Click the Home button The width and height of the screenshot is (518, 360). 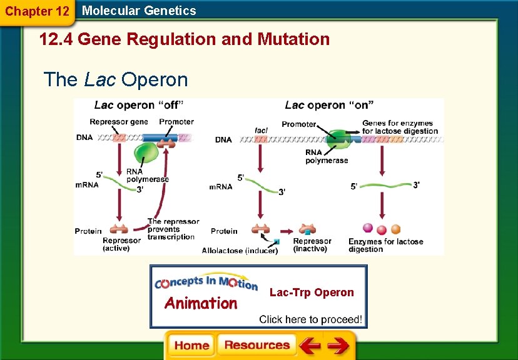[x=191, y=345]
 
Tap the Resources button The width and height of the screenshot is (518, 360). [x=256, y=345]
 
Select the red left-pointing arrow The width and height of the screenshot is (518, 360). [x=309, y=346]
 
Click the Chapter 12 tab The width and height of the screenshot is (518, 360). [x=37, y=11]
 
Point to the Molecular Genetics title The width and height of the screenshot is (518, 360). [x=139, y=11]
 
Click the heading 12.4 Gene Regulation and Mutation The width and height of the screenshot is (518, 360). [x=185, y=39]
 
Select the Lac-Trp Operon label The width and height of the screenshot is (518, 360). [x=312, y=292]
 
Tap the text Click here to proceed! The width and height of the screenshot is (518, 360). [x=310, y=319]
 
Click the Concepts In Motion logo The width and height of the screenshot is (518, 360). [x=206, y=283]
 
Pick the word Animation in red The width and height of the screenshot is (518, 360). [x=200, y=304]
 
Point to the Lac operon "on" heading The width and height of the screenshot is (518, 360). [x=327, y=106]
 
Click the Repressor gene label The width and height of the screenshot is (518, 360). [x=119, y=122]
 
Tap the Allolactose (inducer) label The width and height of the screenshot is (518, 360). [x=240, y=251]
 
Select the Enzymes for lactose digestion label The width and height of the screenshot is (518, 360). [x=385, y=245]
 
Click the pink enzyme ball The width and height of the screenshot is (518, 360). [x=368, y=228]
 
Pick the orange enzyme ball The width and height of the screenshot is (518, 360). [x=395, y=229]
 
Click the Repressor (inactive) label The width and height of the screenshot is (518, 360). [x=312, y=245]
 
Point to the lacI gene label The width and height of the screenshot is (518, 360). [x=261, y=130]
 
